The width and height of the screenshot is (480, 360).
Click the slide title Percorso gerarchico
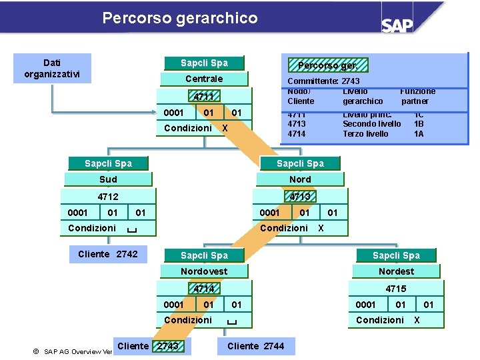(x=180, y=18)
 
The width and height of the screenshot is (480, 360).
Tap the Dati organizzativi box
(x=52, y=69)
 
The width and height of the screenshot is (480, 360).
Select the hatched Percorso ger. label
(x=327, y=65)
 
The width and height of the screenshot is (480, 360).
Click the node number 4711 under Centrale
(x=203, y=97)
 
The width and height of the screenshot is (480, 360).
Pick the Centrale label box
(x=204, y=79)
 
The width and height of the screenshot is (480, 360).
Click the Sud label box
(x=108, y=179)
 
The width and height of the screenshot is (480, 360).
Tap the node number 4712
(x=108, y=197)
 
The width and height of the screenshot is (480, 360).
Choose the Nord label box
(x=300, y=179)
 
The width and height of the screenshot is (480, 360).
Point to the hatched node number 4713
(x=300, y=197)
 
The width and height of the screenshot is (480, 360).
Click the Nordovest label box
(x=204, y=271)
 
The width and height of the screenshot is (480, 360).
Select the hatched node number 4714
(x=203, y=289)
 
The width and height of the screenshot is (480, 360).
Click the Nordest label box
(x=396, y=271)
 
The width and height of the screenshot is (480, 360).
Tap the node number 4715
(x=396, y=289)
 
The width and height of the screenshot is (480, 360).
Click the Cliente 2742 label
(x=108, y=254)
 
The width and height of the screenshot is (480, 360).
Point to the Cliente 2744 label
(x=255, y=346)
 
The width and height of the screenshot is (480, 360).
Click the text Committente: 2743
(x=323, y=81)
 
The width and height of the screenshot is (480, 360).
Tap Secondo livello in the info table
(x=372, y=124)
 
